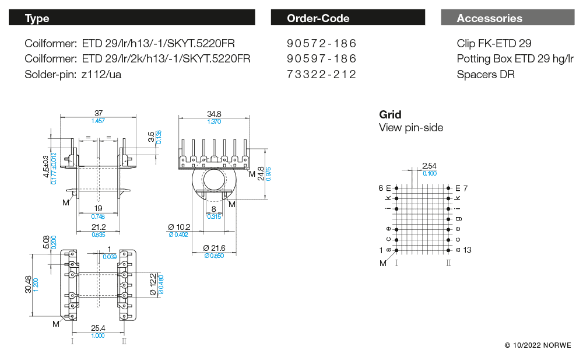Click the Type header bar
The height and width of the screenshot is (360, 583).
(131, 18)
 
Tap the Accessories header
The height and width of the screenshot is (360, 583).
(507, 18)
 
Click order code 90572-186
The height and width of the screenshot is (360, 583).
(321, 44)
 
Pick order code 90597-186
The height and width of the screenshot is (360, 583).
(321, 59)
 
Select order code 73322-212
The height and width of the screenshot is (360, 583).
(321, 75)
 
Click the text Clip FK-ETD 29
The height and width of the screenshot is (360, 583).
(494, 44)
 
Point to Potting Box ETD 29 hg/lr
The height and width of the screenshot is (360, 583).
(515, 59)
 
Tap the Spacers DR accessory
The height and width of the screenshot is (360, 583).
(486, 75)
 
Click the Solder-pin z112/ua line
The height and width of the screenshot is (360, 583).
(73, 75)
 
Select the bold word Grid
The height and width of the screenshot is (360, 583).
(390, 114)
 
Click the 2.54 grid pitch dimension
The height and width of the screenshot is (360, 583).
(429, 166)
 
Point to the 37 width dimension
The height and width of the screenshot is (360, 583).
(98, 113)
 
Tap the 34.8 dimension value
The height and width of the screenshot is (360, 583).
(214, 114)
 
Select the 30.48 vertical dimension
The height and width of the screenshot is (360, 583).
(28, 285)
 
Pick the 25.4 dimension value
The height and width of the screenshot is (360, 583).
(97, 328)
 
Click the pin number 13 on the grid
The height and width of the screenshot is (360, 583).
(467, 250)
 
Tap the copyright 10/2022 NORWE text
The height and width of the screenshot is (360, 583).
(538, 345)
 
